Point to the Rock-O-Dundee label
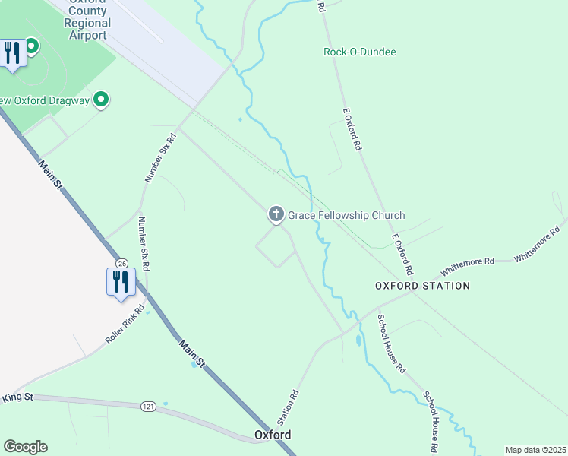(x=360, y=52)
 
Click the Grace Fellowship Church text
(x=346, y=216)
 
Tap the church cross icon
(x=276, y=215)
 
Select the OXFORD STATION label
(x=422, y=286)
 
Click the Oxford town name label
(x=272, y=435)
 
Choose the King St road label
(x=17, y=397)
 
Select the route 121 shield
(x=148, y=407)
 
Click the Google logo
(x=25, y=447)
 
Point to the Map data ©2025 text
(x=535, y=450)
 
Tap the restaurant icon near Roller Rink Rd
(x=121, y=281)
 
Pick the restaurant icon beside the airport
(x=11, y=52)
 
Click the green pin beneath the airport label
(x=32, y=46)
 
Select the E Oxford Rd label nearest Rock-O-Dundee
(x=352, y=128)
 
